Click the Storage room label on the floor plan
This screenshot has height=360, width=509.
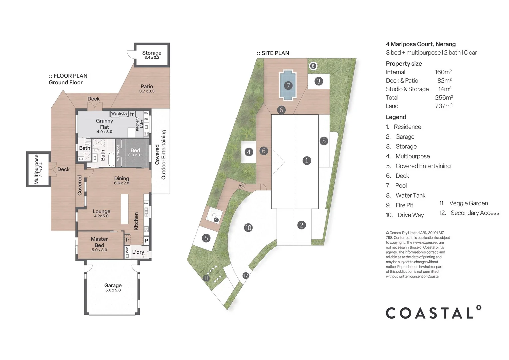click(x=152, y=53)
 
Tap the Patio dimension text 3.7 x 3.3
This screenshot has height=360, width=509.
click(x=147, y=91)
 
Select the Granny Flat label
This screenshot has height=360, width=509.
click(x=104, y=124)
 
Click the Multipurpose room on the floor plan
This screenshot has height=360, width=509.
click(x=38, y=169)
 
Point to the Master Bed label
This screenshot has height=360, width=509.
click(x=99, y=242)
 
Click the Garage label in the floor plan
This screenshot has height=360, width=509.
click(x=113, y=285)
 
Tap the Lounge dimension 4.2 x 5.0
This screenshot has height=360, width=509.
click(x=101, y=216)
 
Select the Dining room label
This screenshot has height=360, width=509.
click(x=121, y=178)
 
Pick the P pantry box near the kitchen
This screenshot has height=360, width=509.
click(x=146, y=241)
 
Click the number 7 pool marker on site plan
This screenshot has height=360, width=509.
click(x=288, y=86)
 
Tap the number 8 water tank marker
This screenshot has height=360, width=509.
click(x=313, y=66)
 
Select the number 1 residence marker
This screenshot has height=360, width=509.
click(x=307, y=161)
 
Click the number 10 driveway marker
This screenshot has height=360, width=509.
click(x=248, y=228)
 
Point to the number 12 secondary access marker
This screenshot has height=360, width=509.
click(x=246, y=276)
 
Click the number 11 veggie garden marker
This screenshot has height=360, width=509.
click(x=206, y=278)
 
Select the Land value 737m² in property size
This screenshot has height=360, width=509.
click(x=443, y=106)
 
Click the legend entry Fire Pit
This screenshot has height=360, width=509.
click(x=404, y=205)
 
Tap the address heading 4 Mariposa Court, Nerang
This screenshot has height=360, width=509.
click(x=420, y=44)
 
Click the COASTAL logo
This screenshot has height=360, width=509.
click(x=433, y=313)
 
